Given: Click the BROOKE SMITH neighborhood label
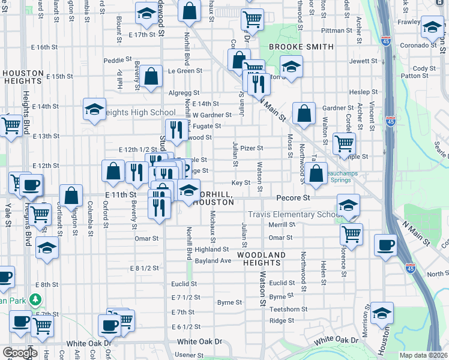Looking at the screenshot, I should [x=301, y=47].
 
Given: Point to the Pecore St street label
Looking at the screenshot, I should [x=293, y=197].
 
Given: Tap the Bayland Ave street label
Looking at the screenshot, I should [x=212, y=261].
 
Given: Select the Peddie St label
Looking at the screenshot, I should [x=117, y=60].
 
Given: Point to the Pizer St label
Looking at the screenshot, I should [x=252, y=148].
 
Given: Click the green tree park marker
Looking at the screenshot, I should [x=36, y=299].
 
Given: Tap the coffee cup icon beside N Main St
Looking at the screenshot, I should [x=385, y=245].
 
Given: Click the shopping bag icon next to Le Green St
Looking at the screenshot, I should [x=151, y=76].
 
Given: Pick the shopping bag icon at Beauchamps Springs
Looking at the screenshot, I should [x=316, y=173].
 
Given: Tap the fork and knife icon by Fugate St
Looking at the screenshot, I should [x=175, y=130].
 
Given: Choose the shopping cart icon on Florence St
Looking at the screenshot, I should [x=352, y=233].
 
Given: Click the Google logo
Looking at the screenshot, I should [x=20, y=353].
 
